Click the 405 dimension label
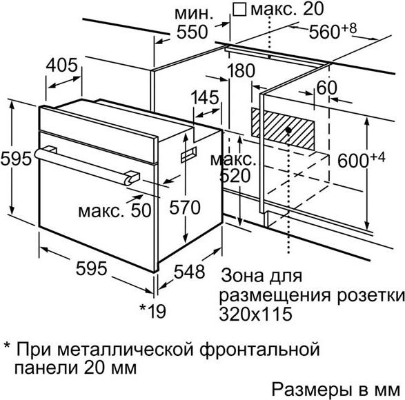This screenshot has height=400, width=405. (x=61, y=65)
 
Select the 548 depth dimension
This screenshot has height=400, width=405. (x=189, y=272)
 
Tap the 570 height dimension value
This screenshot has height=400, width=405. (x=185, y=208)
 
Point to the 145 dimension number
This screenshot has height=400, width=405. (x=205, y=97)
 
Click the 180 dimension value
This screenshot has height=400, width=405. (x=241, y=71)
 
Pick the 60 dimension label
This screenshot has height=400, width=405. (x=327, y=88)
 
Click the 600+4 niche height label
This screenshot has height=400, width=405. (x=362, y=159)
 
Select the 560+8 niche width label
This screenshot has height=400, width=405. (x=333, y=31)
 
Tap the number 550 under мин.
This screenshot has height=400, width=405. (x=192, y=32)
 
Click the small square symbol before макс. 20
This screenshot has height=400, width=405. (x=239, y=10)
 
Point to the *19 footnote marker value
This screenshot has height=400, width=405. (x=152, y=311)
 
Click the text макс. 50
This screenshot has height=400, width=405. (x=115, y=210)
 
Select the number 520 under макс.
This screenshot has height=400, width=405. (x=235, y=176)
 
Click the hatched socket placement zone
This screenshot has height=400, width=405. (x=283, y=128)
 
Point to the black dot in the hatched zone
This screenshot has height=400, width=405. (x=288, y=130)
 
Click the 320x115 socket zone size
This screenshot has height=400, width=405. (x=256, y=314)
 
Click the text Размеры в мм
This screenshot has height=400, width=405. (x=336, y=390)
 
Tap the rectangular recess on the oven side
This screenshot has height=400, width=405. (x=188, y=154)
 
